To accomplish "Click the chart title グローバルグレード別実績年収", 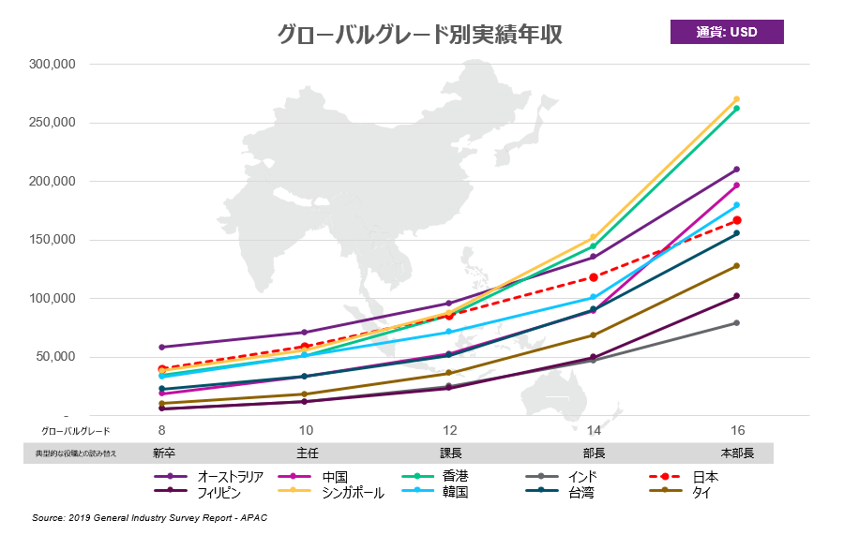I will point(419,35).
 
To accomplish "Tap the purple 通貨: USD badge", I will point(727,32).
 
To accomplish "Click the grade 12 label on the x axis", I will point(450,430).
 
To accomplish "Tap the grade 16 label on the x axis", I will point(737,430).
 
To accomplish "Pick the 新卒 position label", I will point(163,453).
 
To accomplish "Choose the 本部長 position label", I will point(736,453).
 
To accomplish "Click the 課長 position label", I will point(450,453).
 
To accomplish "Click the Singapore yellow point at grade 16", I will point(737,98).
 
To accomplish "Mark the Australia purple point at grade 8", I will point(162,348).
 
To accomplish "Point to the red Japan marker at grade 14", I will point(594,277).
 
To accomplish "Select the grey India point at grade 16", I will point(737,323).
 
